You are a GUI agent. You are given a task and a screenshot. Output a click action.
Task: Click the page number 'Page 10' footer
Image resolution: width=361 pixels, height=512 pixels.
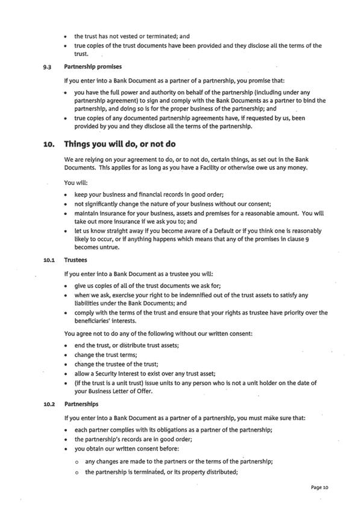click(319, 487)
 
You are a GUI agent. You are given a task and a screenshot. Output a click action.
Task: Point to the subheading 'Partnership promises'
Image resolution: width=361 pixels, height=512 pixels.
click(93, 66)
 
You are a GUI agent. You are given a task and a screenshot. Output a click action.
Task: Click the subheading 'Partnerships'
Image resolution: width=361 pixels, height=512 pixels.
click(81, 404)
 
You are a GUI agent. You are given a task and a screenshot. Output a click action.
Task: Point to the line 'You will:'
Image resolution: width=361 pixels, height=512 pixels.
click(75, 182)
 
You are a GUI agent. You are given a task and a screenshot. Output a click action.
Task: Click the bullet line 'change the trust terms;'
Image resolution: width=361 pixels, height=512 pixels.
click(105, 354)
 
